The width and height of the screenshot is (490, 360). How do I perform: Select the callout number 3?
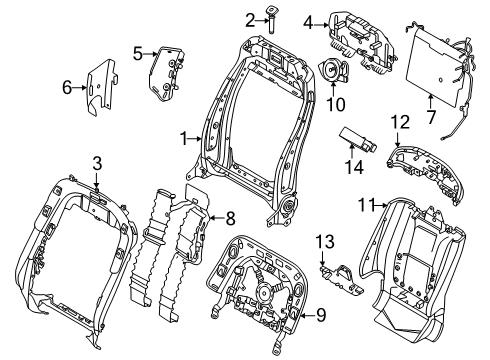97,163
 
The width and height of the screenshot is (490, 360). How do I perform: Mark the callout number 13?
322,241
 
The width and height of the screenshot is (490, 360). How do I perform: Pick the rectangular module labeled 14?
356,136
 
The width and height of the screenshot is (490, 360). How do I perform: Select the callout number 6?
68,88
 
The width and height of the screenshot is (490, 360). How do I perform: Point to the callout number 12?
401,122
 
